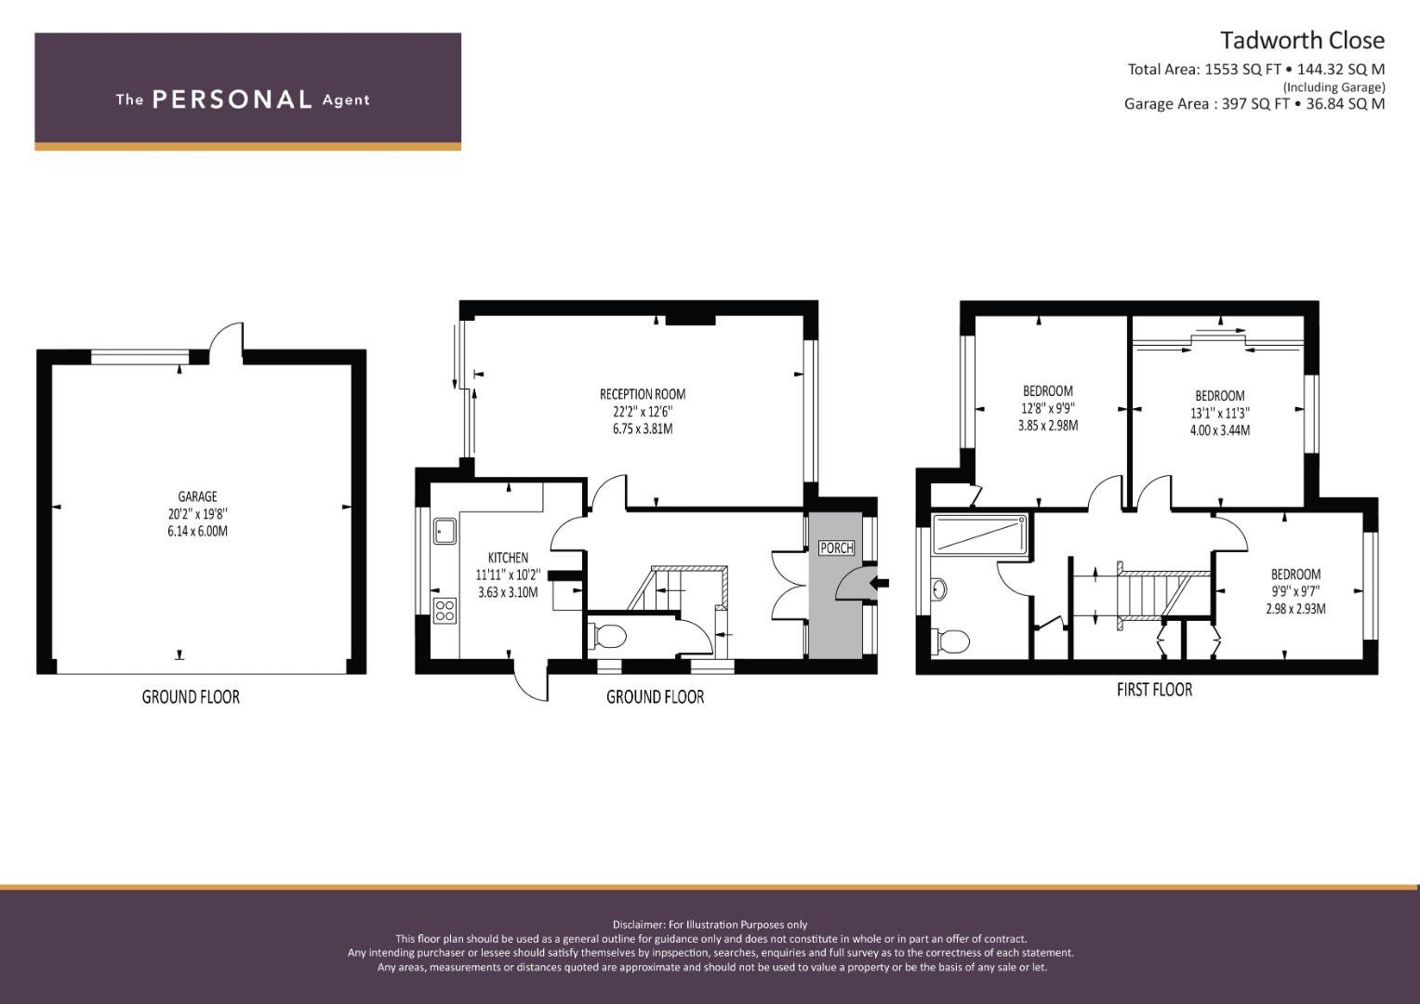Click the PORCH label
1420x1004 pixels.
(x=837, y=548)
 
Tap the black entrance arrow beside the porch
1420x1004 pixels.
(x=881, y=583)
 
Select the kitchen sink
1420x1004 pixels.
(x=445, y=531)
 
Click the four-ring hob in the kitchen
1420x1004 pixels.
(x=445, y=611)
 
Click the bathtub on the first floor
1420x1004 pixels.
(x=979, y=534)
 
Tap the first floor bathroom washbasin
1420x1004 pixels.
(x=939, y=589)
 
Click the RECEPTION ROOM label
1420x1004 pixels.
(x=643, y=394)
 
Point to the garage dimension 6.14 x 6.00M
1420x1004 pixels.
(x=197, y=531)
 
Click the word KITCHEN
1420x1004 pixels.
(x=508, y=558)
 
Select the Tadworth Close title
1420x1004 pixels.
(x=1302, y=41)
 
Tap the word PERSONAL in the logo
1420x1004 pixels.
(x=232, y=99)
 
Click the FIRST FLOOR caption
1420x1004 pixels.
(x=1154, y=690)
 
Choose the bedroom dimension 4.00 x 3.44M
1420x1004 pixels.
(x=1220, y=430)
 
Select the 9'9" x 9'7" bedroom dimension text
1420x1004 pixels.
(x=1295, y=591)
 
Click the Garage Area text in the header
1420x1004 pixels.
(x=1254, y=104)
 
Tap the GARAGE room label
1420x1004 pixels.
(x=197, y=497)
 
